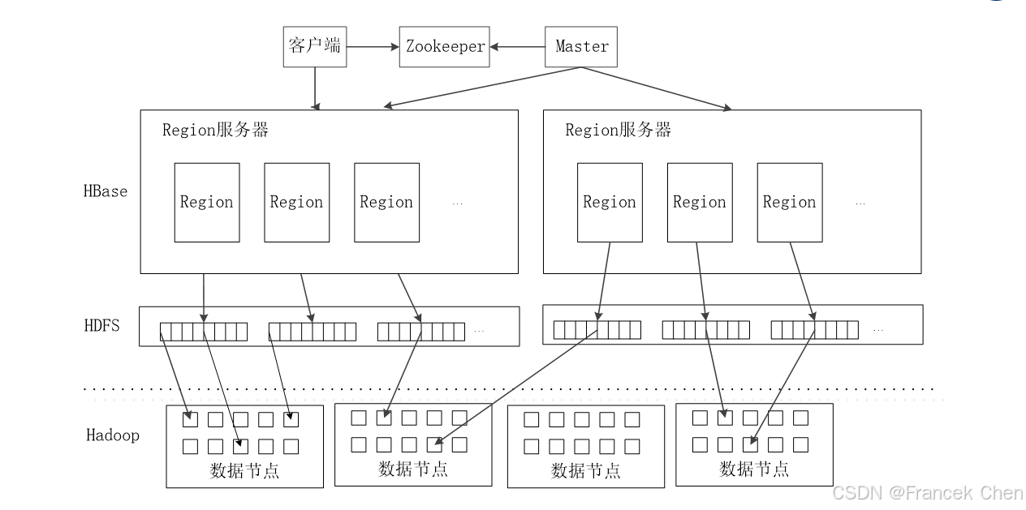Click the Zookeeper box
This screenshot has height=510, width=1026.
[x=444, y=47]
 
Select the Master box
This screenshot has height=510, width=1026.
[x=581, y=47]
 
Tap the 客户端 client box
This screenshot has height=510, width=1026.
[x=314, y=45]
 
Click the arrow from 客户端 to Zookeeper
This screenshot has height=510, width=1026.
[x=373, y=46]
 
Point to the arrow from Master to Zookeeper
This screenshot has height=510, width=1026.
[x=517, y=46]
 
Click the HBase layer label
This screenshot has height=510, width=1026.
[x=105, y=191]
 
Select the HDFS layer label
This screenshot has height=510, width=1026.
[x=101, y=326]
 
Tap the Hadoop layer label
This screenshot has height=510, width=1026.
[x=112, y=435]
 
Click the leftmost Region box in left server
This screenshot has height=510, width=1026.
[x=207, y=203]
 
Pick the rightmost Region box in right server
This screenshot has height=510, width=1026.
[x=789, y=203]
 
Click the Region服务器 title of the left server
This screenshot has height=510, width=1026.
[x=215, y=130]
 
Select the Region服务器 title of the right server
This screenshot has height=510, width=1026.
[x=618, y=130]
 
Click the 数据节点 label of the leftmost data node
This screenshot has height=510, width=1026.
[x=244, y=471]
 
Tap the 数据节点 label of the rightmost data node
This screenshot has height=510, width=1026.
[x=753, y=469]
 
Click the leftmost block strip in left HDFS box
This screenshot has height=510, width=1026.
[x=203, y=332]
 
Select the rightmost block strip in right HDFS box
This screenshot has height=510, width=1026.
[x=814, y=330]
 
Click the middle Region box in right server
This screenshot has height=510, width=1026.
[x=700, y=203]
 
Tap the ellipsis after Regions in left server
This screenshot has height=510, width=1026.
[x=457, y=204]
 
